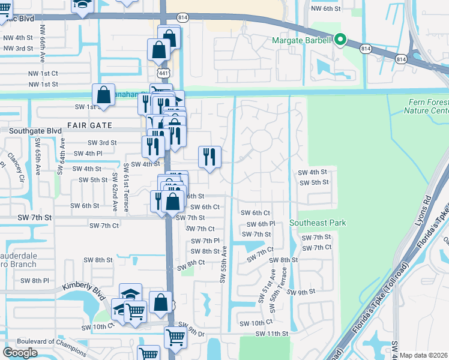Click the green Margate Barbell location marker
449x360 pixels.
click(x=340, y=40)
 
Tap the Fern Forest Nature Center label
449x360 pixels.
click(x=426, y=106)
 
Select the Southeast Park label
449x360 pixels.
click(x=318, y=223)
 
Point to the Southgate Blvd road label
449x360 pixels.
click(x=31, y=130)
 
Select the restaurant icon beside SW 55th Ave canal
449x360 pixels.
click(x=209, y=157)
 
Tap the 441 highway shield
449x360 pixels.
click(x=163, y=72)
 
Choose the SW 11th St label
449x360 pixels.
click(x=272, y=334)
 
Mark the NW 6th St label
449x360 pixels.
click(x=325, y=8)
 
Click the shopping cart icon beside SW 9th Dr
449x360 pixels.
click(x=175, y=337)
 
